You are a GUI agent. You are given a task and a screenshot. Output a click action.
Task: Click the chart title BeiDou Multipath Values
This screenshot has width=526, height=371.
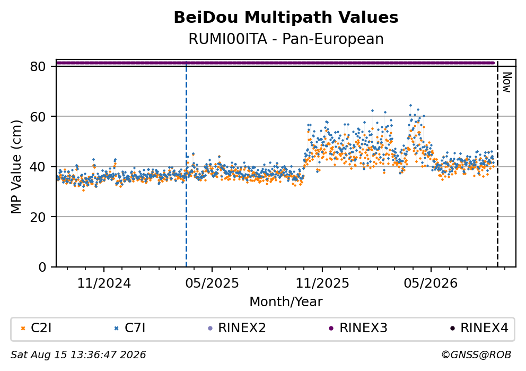coord(286,18)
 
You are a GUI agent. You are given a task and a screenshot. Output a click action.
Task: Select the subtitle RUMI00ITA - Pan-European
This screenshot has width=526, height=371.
coord(286,39)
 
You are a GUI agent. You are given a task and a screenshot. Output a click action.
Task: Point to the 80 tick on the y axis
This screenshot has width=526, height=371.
coord(38,66)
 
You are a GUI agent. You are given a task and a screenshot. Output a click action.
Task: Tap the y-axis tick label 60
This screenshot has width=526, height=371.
coord(38,117)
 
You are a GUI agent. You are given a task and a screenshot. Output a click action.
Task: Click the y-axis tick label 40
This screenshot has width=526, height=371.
coord(38,167)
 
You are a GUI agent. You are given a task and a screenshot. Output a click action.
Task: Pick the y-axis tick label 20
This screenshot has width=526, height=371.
coord(38,217)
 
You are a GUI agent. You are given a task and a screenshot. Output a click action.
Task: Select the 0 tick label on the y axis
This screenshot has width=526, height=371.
coord(42,267)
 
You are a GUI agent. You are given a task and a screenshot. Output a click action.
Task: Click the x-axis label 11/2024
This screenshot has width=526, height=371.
coord(104,283)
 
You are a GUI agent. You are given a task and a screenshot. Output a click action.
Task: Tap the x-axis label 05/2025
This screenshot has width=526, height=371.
coord(212,283)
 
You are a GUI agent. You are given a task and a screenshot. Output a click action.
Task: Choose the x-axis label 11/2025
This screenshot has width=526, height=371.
coord(322,283)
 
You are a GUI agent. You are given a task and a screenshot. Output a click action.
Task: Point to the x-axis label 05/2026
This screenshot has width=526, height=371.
coord(431,283)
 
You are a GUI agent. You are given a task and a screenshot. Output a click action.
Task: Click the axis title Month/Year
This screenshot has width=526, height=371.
coord(286,302)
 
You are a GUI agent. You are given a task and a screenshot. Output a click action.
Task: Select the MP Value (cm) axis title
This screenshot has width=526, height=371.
coord(16,167)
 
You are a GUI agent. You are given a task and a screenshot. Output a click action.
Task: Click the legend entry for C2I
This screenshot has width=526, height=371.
coord(37,328)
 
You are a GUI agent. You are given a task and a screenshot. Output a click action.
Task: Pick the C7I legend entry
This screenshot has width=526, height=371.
coord(130,328)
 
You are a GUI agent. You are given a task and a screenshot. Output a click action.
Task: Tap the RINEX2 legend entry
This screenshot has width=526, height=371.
coord(237,328)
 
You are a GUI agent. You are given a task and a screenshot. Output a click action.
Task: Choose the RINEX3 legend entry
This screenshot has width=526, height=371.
coord(358,328)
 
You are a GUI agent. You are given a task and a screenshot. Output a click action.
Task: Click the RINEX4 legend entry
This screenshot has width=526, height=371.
coord(479,328)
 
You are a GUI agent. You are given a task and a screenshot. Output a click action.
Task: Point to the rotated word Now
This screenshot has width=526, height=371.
coord(506,82)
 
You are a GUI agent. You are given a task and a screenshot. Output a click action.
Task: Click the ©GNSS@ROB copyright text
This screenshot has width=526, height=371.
coord(476,355)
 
